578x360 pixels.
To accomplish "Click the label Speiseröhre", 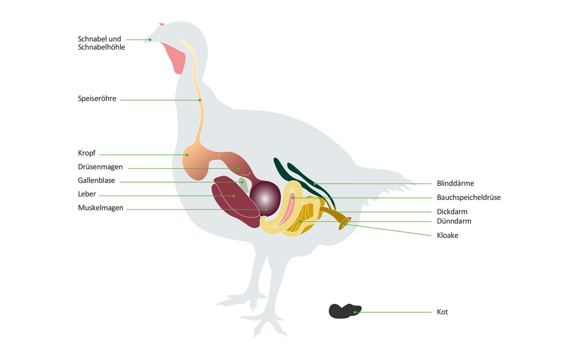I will [97, 99].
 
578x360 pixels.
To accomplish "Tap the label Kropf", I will [87, 153].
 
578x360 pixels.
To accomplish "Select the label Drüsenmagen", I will [100, 167].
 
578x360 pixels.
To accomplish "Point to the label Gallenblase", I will [96, 181].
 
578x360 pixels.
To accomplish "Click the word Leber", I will [87, 194].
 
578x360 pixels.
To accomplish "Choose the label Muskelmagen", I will [100, 208].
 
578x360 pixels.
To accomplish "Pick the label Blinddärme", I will [455, 184].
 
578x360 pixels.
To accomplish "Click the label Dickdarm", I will [452, 212].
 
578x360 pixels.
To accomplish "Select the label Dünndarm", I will [454, 221].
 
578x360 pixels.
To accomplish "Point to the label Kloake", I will [447, 236].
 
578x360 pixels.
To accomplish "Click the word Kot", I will [442, 312].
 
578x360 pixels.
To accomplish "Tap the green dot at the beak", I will [150, 40].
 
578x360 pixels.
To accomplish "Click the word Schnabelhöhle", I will [101, 47].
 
